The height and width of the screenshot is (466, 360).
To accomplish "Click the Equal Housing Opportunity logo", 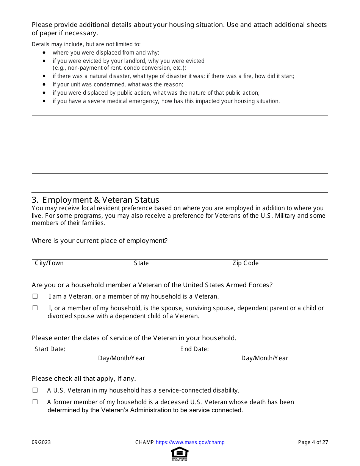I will click(x=180, y=453).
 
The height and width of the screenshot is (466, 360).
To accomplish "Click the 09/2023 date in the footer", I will click(x=41, y=443).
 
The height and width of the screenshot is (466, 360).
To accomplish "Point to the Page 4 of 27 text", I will click(x=313, y=443).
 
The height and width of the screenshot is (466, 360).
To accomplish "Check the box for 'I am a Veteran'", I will click(x=35, y=296).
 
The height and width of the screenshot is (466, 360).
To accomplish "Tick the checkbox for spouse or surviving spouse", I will click(x=35, y=308).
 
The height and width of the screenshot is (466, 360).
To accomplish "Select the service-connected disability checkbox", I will click(x=35, y=390).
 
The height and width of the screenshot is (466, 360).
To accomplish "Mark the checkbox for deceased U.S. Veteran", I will click(x=35, y=402).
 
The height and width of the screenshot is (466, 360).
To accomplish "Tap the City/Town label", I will click(x=49, y=263).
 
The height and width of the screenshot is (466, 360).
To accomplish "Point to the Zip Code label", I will click(x=246, y=263).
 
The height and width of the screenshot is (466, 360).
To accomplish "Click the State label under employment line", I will click(x=141, y=263).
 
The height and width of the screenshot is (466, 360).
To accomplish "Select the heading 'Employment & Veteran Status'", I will click(x=100, y=200).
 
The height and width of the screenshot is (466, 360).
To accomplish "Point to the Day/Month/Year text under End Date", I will click(x=265, y=358).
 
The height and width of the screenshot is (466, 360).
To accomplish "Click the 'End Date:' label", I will click(x=194, y=349).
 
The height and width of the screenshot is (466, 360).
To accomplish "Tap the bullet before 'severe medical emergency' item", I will click(x=44, y=101).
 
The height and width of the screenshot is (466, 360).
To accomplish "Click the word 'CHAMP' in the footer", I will click(x=144, y=443).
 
